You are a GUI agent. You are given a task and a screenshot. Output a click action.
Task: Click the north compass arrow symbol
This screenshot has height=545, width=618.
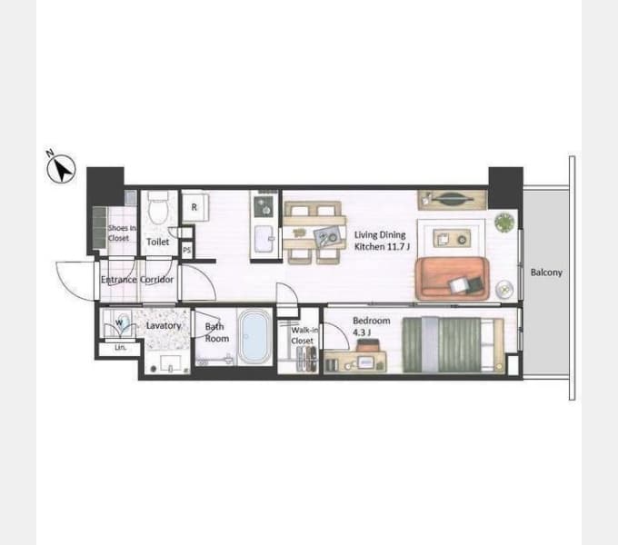(61, 169)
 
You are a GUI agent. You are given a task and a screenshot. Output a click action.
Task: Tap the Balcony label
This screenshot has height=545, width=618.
(546, 272)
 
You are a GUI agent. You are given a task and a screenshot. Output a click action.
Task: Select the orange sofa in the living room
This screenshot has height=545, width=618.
(452, 279)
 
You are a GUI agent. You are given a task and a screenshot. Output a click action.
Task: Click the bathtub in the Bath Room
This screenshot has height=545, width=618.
(254, 337)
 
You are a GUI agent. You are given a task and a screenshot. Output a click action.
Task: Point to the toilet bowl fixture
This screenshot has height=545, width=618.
(158, 208)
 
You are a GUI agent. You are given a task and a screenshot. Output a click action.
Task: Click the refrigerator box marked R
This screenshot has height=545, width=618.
(195, 207)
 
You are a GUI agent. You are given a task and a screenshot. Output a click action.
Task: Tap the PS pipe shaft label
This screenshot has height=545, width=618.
(187, 250)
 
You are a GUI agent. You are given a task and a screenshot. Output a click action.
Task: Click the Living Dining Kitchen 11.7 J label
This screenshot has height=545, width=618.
(382, 241)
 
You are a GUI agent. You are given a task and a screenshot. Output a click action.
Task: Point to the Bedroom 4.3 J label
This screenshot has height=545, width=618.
(371, 327)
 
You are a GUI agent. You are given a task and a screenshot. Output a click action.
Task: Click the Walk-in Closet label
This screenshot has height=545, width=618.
(304, 335)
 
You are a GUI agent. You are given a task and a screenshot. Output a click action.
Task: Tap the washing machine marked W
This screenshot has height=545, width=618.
(119, 323)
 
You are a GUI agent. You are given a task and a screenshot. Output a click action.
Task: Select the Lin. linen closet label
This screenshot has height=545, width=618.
(120, 348)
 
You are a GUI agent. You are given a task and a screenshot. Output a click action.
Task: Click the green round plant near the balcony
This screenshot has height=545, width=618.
(504, 223)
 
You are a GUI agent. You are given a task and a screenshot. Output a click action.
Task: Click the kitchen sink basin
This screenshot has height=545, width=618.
(264, 239)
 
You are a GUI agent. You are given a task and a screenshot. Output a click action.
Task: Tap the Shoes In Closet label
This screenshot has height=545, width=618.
(122, 233)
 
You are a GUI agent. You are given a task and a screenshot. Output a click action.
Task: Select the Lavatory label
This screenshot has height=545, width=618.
(164, 326)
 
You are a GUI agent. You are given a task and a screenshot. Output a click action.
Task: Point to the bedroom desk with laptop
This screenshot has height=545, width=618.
(354, 362)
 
